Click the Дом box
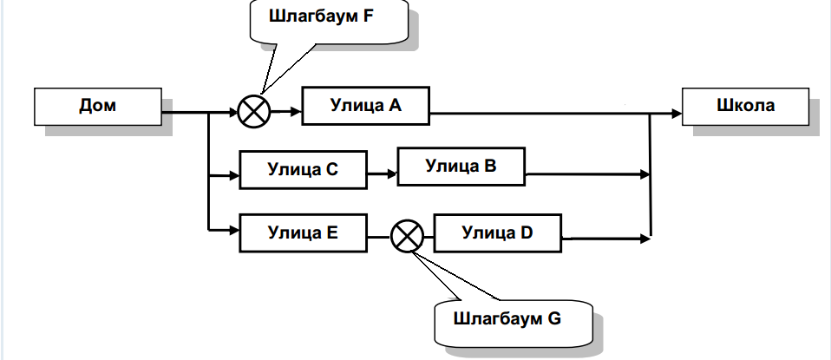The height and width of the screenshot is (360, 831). click(97, 107)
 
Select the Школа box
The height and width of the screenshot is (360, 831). click(747, 107)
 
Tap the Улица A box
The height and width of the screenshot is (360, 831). click(365, 107)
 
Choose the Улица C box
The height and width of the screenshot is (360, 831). click(303, 170)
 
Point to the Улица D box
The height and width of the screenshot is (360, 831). click(497, 232)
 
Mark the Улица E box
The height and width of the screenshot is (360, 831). click(303, 232)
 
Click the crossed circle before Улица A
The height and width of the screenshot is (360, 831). click(254, 112)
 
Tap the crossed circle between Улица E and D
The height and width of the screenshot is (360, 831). click(406, 235)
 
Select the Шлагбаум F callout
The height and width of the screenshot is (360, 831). click(329, 19)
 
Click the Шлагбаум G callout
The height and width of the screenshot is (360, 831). click(507, 318)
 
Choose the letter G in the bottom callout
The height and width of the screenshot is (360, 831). click(554, 318)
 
